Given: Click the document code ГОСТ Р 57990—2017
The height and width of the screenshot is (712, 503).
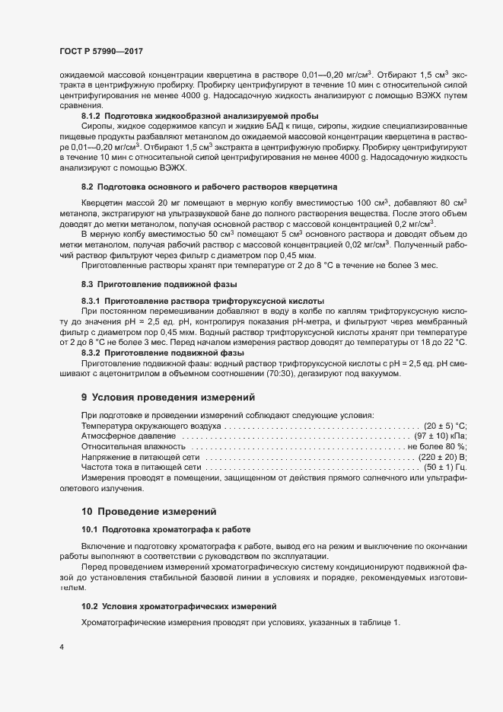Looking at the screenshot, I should tap(100, 51).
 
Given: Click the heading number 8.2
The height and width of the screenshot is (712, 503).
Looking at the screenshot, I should tap(88, 208).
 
